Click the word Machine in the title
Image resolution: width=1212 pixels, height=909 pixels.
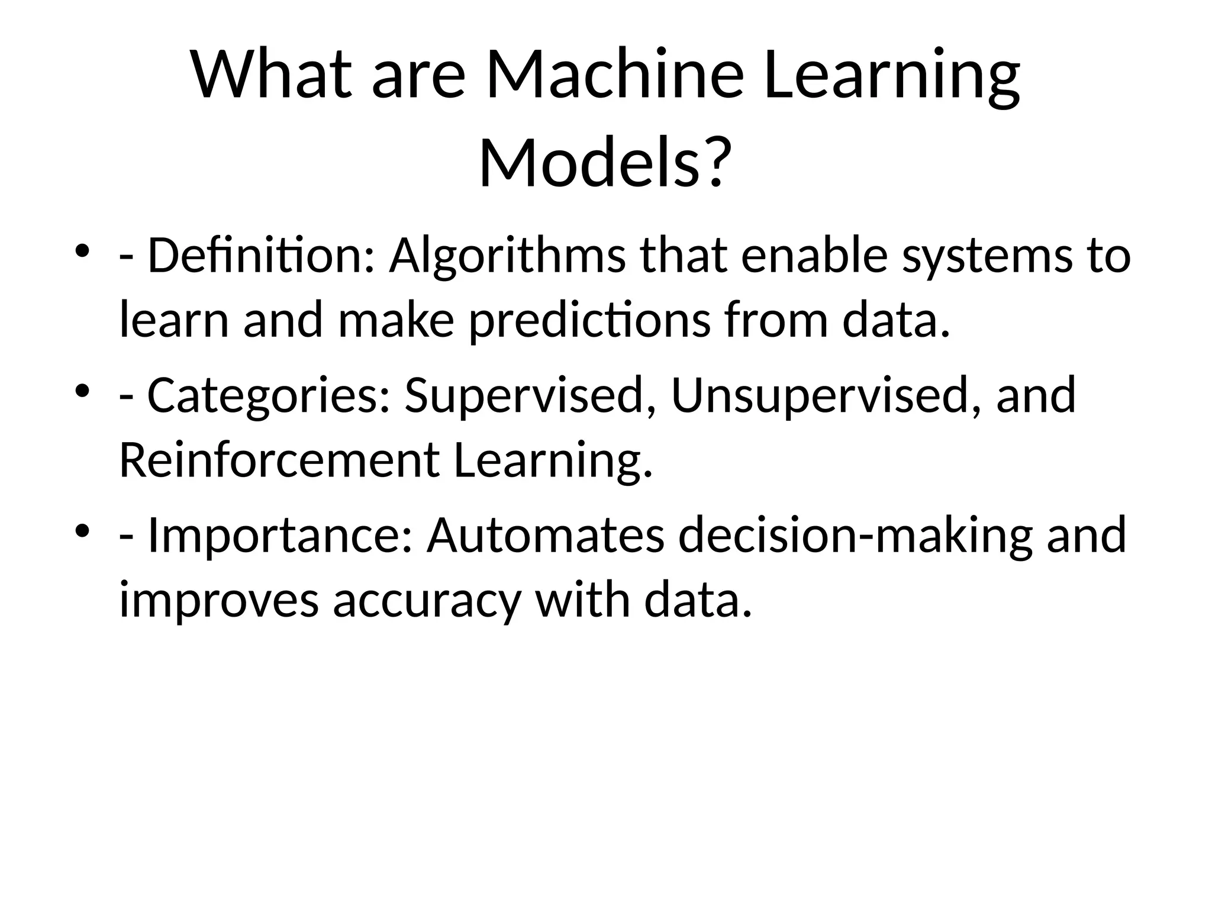coord(614,76)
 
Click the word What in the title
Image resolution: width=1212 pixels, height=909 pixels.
coord(270,76)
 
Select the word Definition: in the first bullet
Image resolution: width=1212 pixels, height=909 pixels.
coord(260,256)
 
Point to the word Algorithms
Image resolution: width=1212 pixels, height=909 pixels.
coord(507,256)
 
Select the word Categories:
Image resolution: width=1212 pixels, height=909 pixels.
coord(268,395)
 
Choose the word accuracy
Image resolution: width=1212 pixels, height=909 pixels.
coord(427,599)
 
